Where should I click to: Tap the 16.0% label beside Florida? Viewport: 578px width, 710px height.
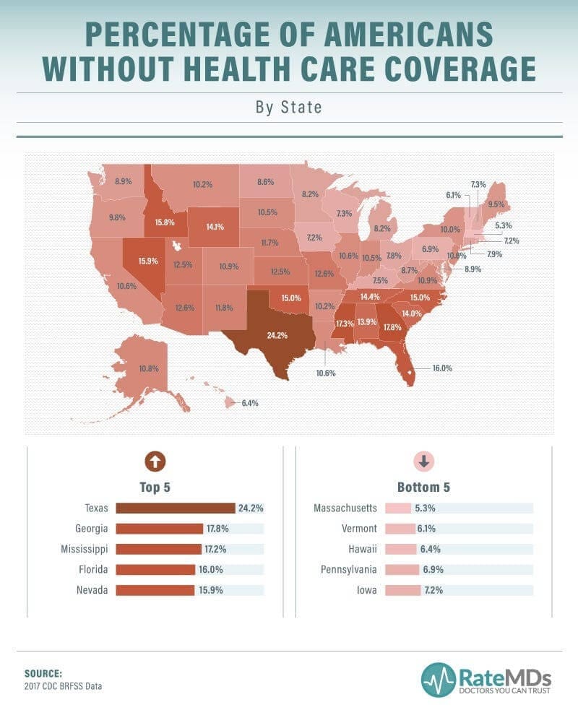[441, 368]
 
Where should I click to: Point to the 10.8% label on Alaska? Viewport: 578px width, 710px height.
[149, 368]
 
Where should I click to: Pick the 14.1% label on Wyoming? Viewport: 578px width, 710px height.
[215, 226]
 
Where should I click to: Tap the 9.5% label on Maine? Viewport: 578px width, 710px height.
[496, 204]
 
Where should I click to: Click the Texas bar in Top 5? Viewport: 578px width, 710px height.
[176, 508]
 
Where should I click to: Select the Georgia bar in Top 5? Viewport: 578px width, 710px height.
[159, 529]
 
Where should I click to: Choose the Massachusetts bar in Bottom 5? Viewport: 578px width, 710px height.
[398, 508]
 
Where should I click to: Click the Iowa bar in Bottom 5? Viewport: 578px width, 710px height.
[403, 590]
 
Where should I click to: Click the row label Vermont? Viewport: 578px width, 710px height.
[359, 529]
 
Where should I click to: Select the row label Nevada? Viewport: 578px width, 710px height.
[92, 590]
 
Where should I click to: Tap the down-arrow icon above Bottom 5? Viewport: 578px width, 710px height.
[423, 462]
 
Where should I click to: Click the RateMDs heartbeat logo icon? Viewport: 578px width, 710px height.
[438, 679]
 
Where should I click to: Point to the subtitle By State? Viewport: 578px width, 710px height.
[288, 108]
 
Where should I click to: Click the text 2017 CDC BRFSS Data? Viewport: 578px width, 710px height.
[63, 685]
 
